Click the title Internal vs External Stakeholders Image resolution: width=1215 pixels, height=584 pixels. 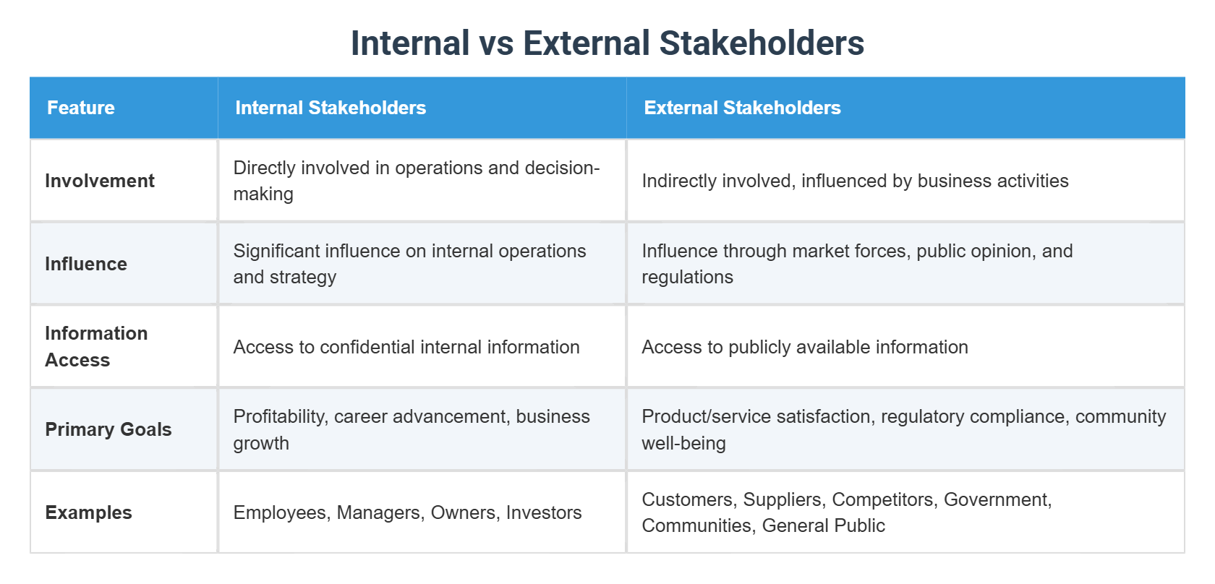coord(607,43)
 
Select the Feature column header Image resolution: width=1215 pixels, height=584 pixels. coord(81,108)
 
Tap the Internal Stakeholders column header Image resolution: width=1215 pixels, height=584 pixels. coord(331,108)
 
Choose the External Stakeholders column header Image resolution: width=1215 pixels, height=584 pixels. coord(742,108)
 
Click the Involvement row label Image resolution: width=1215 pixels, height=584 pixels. coord(100,181)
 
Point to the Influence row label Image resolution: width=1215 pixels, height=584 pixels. coord(86,264)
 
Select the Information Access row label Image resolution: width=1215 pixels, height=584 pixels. coord(95,346)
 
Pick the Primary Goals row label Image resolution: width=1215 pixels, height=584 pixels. coord(108,429)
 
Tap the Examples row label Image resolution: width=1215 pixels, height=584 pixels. coord(88,512)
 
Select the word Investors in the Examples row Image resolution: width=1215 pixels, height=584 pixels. coord(544,512)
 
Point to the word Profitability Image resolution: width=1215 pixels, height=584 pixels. coord(279,416)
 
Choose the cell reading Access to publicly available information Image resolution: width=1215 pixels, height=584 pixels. coord(804,347)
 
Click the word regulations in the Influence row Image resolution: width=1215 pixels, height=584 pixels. coord(687,277)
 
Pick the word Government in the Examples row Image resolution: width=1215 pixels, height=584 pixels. coord(997,499)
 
